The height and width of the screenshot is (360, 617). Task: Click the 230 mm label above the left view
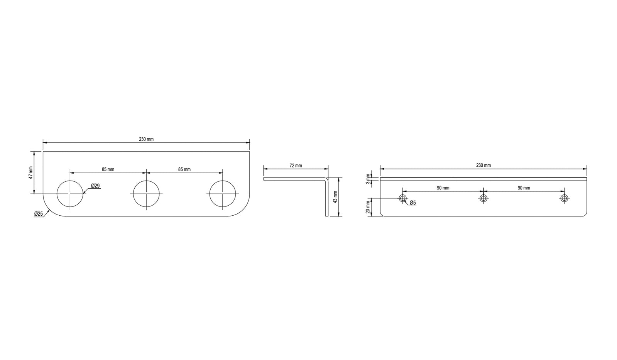pyautogui.click(x=146, y=139)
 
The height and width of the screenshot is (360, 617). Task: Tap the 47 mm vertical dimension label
pyautogui.click(x=31, y=173)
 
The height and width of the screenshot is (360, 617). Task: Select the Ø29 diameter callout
pyautogui.click(x=95, y=186)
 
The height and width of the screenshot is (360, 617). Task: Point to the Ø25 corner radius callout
pyautogui.click(x=39, y=214)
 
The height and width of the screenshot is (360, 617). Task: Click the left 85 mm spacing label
pyautogui.click(x=108, y=169)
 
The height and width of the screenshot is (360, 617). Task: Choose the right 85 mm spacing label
pyautogui.click(x=184, y=169)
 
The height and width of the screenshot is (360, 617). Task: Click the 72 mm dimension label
pyautogui.click(x=296, y=166)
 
